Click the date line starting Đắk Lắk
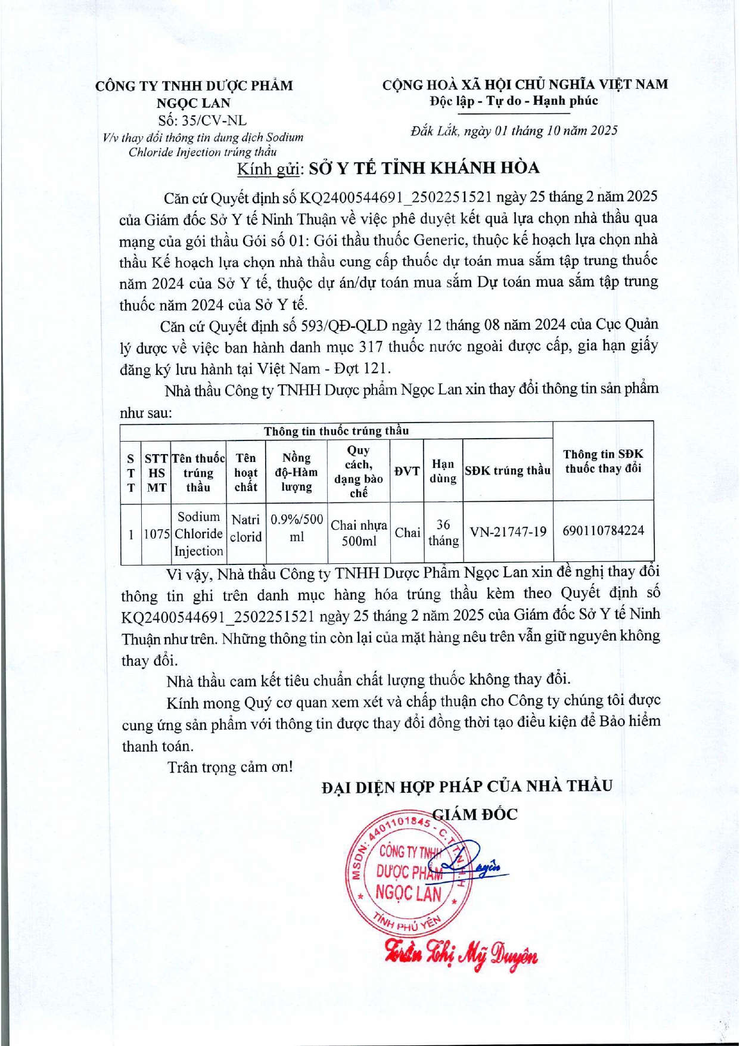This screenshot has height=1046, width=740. pyautogui.click(x=514, y=131)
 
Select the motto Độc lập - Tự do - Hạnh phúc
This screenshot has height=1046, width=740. pyautogui.click(x=514, y=101)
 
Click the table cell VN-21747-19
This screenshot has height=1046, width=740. pyautogui.click(x=508, y=532)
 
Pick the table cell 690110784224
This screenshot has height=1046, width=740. pyautogui.click(x=603, y=530)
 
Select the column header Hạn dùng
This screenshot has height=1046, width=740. pyautogui.click(x=443, y=471)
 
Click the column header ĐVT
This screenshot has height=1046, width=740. pyautogui.click(x=407, y=471)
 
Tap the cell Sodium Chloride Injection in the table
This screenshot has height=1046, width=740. pyautogui.click(x=198, y=533)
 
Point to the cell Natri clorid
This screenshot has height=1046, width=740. pyautogui.click(x=245, y=529)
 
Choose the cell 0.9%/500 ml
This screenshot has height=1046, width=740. pyautogui.click(x=297, y=528)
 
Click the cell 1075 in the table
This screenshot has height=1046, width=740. pyautogui.click(x=157, y=534)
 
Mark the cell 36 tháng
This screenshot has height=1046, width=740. pyautogui.click(x=443, y=533)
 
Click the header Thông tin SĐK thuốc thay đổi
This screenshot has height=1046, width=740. pyautogui.click(x=603, y=461)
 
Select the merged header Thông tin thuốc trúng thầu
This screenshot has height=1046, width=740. pyautogui.click(x=336, y=431)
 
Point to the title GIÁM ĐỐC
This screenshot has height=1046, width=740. pyautogui.click(x=475, y=814)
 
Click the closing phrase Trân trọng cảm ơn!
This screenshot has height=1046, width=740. pyautogui.click(x=230, y=767)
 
